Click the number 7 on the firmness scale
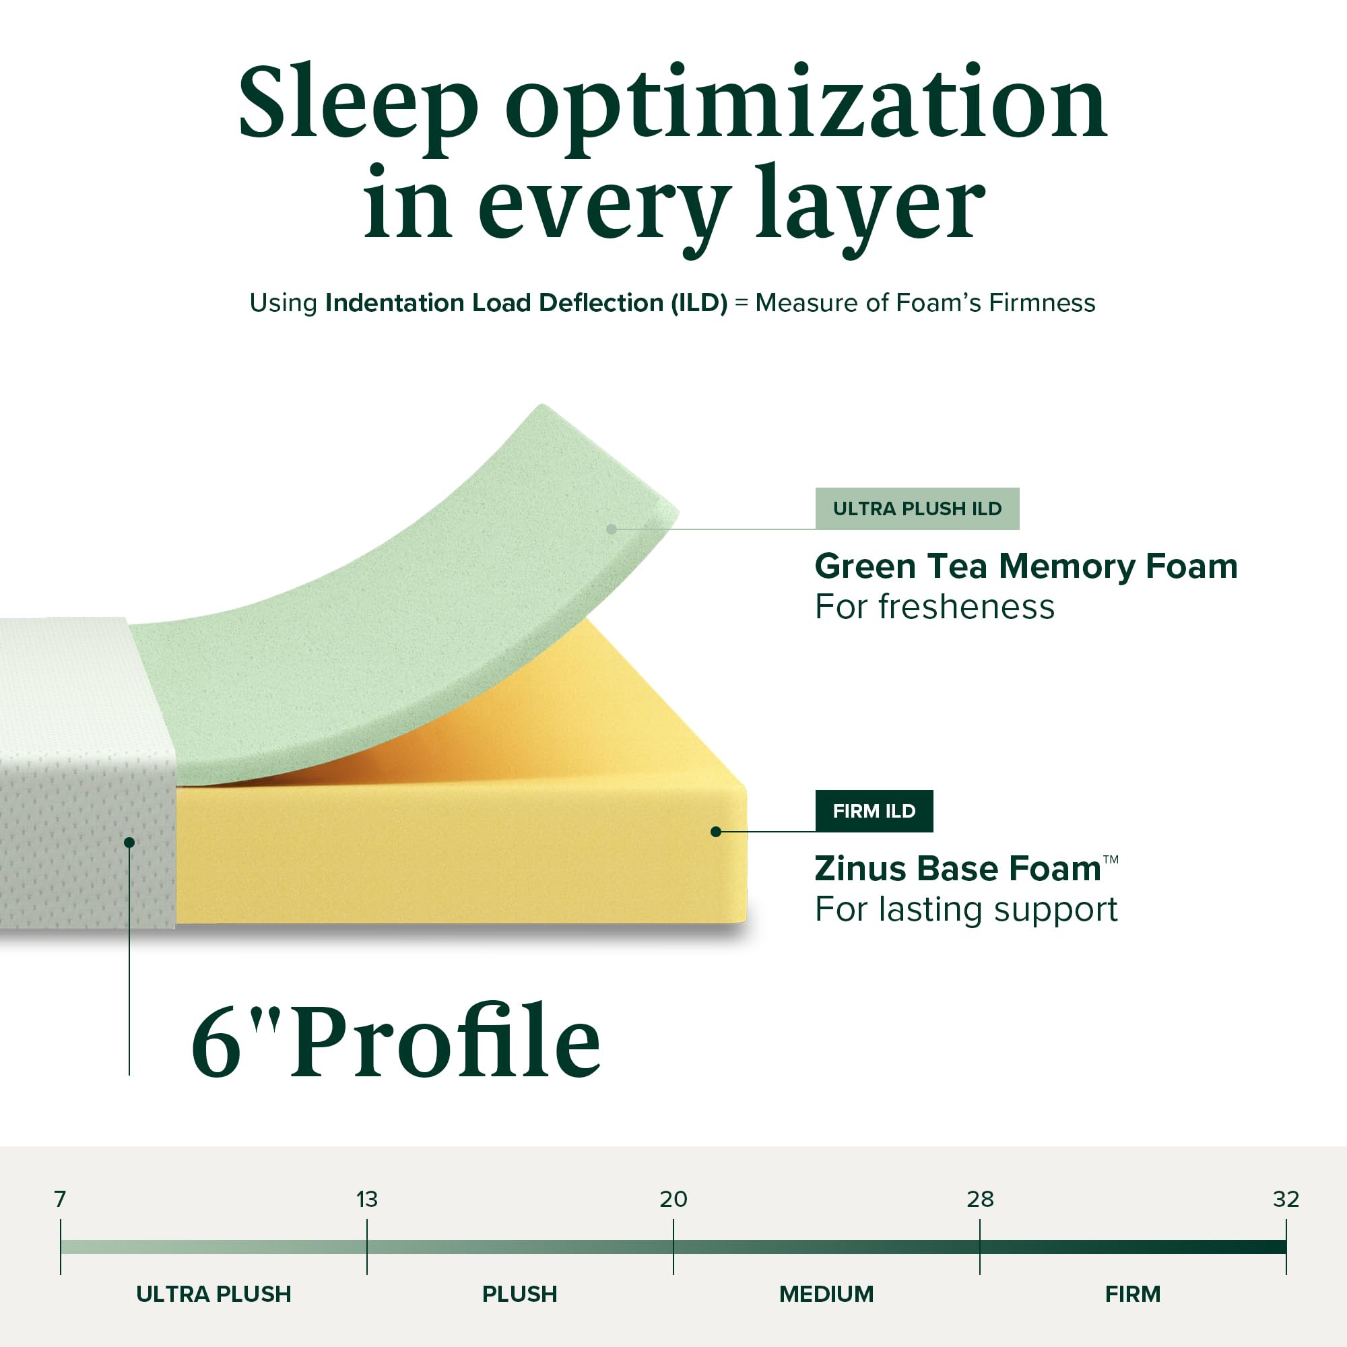60,1200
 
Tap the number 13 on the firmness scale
367,1200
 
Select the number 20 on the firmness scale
673,1200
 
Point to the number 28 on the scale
979,1200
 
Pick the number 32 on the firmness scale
1286,1200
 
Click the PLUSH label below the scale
519,1294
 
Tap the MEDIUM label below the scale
826,1294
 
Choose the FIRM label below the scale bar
1132,1294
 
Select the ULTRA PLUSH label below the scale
213,1294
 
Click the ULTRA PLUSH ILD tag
917,509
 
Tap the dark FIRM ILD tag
874,811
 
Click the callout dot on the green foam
612,529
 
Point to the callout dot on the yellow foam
715,832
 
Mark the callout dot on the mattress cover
129,843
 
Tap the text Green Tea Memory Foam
1026,566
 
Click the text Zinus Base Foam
958,869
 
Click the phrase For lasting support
966,910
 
